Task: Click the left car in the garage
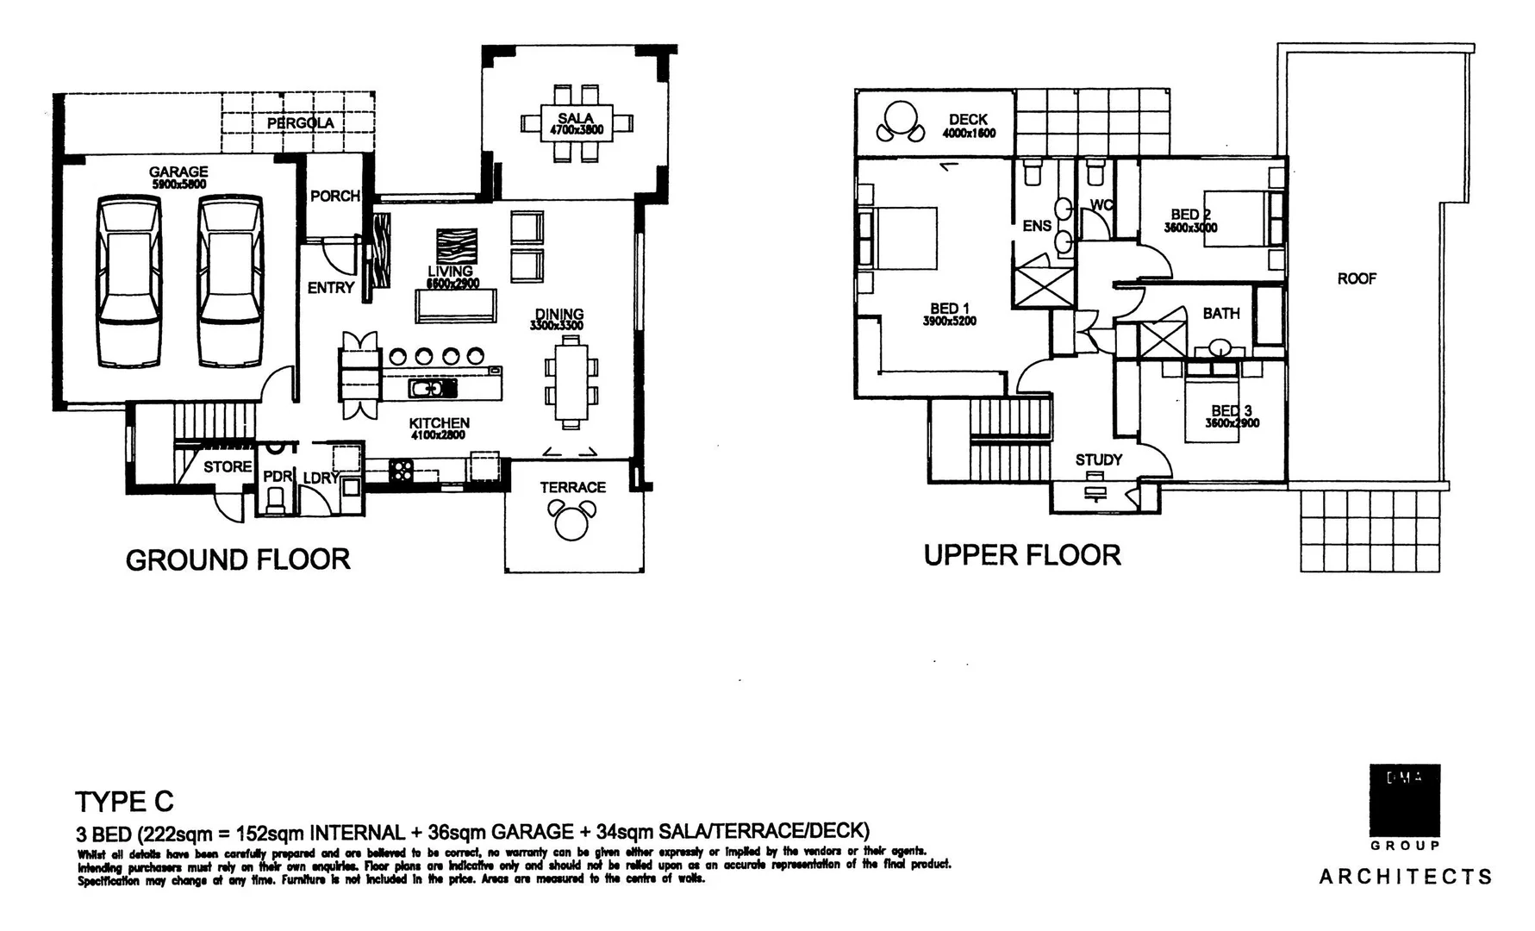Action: point(129,280)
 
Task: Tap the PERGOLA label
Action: point(300,123)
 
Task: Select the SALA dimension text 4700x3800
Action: point(576,131)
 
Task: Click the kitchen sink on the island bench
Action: point(426,390)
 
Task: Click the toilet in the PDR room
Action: point(277,500)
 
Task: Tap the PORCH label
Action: point(334,197)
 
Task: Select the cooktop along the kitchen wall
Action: point(402,471)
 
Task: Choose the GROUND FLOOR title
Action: point(238,560)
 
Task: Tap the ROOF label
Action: point(1357,278)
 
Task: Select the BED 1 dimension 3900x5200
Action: point(949,322)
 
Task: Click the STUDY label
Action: point(1098,459)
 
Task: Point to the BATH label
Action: point(1221,313)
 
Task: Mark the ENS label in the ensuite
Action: point(1037,226)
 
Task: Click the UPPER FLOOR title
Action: point(1022,555)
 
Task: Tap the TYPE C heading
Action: point(124,802)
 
